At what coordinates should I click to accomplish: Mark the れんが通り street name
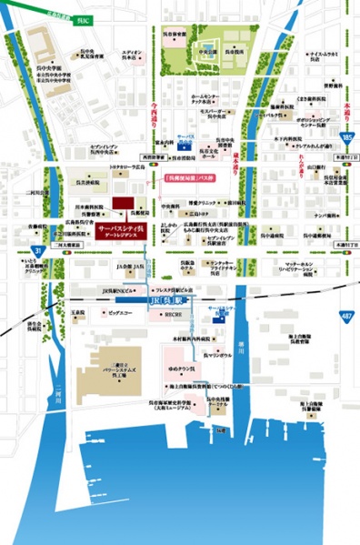point(299,156)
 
